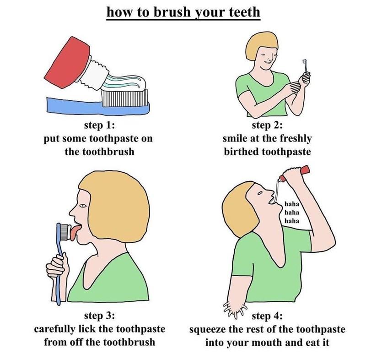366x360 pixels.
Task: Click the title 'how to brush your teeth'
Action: pos(183,11)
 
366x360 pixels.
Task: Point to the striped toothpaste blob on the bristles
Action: pos(124,82)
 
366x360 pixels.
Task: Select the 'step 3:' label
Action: pos(100,316)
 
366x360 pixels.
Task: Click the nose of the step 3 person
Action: pos(72,213)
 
